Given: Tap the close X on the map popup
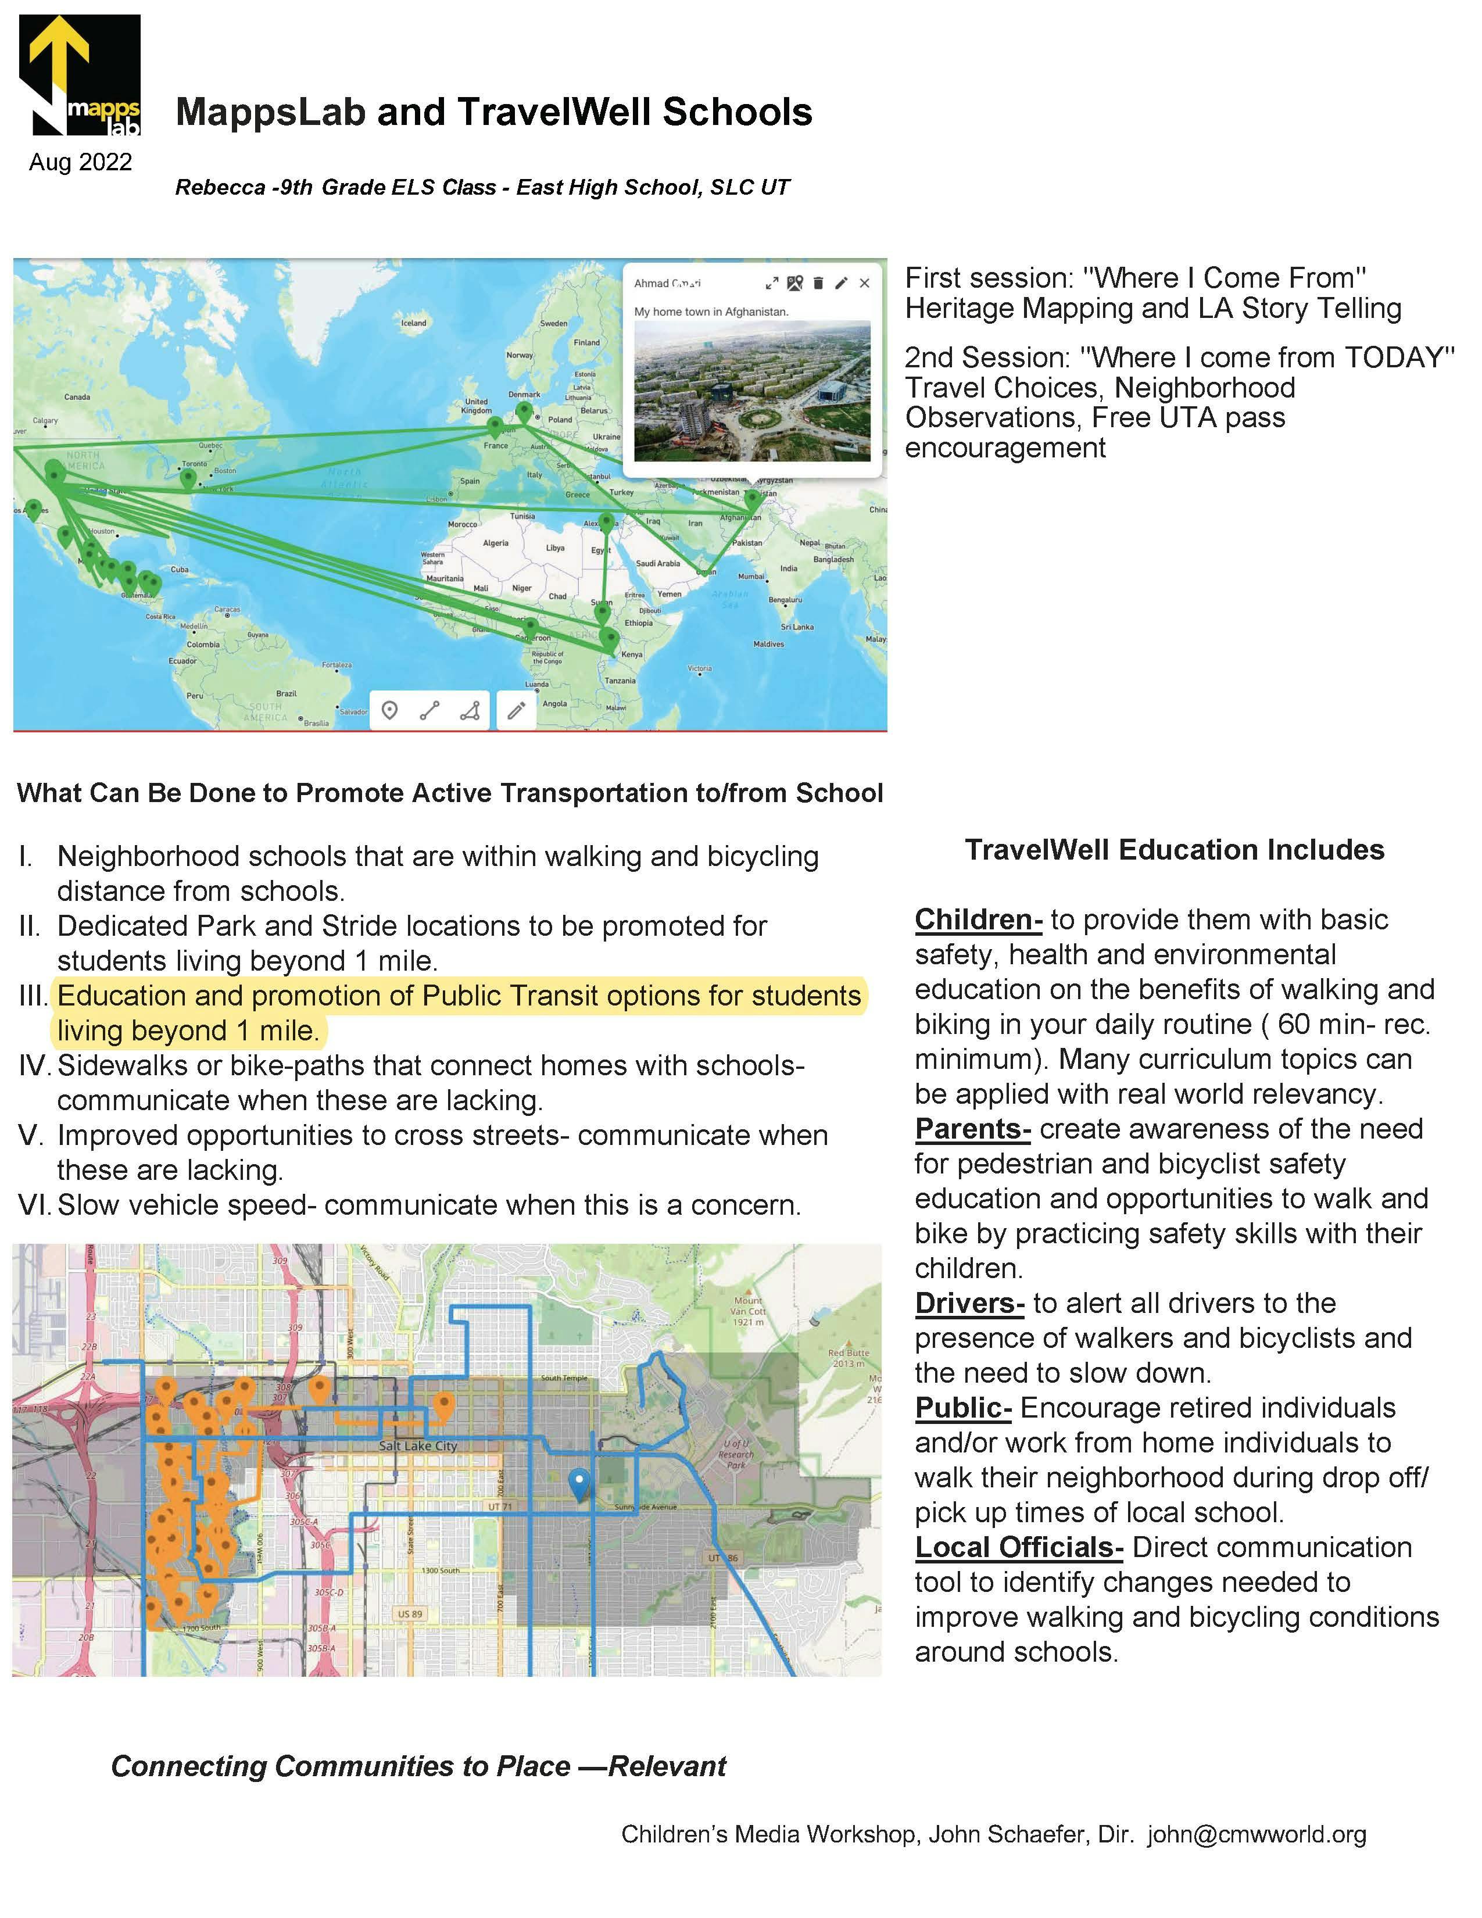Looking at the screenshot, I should (x=864, y=283).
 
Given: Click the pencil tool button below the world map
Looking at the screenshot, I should (x=516, y=710).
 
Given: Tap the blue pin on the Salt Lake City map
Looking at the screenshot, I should (x=579, y=1482).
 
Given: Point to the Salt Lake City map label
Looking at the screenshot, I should (x=418, y=1445).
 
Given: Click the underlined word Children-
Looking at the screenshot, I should (x=978, y=919).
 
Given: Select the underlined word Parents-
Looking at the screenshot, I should (x=972, y=1129).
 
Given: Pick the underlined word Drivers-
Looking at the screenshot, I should (x=969, y=1303).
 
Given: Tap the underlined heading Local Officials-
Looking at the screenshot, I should (x=1018, y=1547).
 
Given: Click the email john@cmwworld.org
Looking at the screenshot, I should (x=1257, y=1834).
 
